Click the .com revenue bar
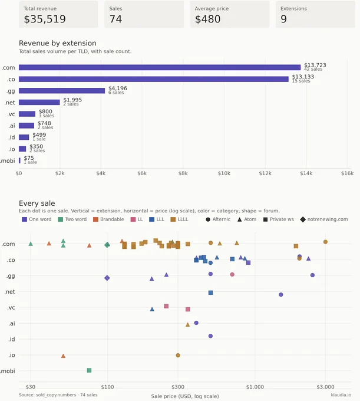click(160, 67)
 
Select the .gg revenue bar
click(62, 91)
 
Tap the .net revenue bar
click(39, 102)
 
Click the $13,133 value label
click(303, 77)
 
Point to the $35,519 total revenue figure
click(45, 19)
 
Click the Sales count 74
click(115, 19)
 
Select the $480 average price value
click(207, 19)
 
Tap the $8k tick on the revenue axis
click(183, 173)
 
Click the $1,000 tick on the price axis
click(255, 387)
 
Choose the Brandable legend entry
click(108, 219)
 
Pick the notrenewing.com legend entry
click(324, 219)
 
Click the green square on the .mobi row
click(89, 370)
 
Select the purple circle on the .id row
click(210, 336)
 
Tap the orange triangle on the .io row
click(64, 356)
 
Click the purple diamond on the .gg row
click(107, 278)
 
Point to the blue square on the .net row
click(210, 292)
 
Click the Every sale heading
click(37, 203)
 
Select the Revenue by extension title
click(58, 43)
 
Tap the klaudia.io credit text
click(341, 395)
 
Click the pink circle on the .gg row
click(232, 274)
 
